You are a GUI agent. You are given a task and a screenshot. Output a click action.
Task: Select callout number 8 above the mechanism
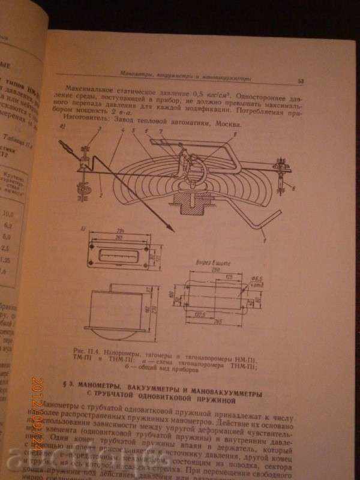[x=234, y=137]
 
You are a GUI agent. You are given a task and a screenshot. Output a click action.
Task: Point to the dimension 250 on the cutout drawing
[x=211, y=269]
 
